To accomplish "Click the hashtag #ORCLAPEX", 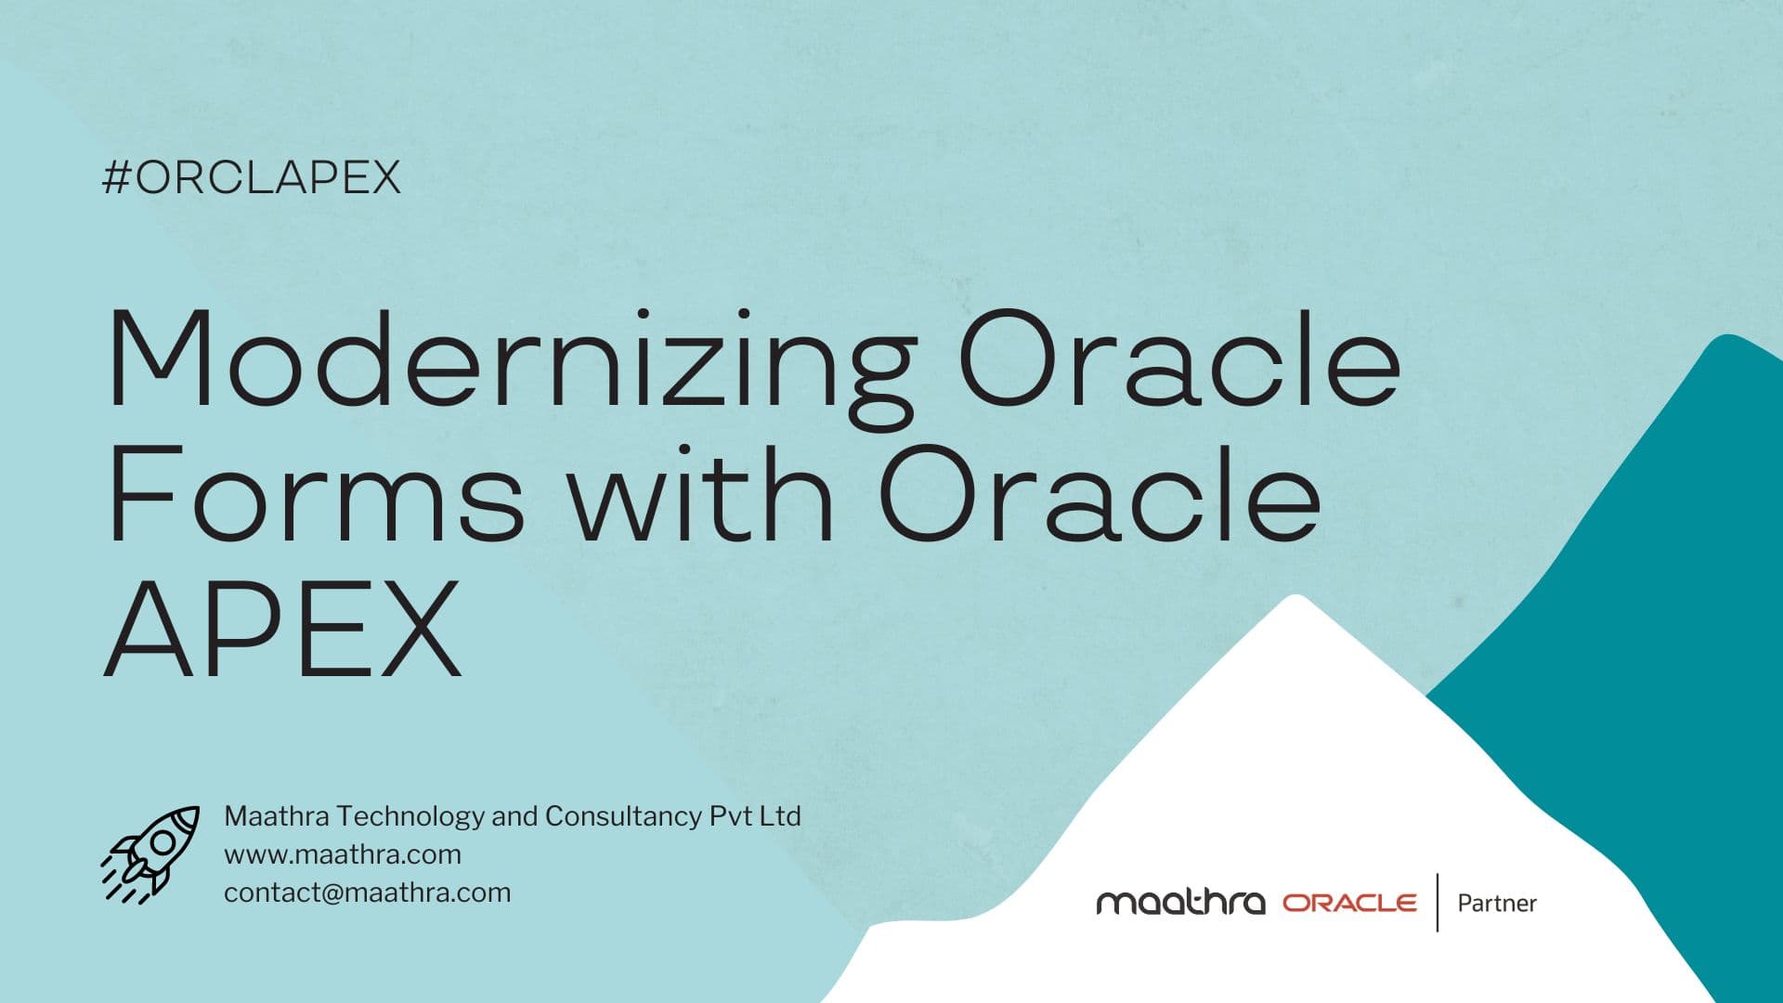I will coord(251,176).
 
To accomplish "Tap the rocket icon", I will coord(150,853).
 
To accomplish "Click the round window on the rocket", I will coord(163,842).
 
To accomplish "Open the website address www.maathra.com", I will coord(343,854).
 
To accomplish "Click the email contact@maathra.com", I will coord(368,892).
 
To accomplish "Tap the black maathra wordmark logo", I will coord(1180,902).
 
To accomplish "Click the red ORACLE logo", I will coord(1349,903).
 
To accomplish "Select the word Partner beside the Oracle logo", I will coord(1497,903).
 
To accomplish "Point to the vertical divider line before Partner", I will coord(1438,902).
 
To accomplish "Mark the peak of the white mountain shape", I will coord(1295,599).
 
